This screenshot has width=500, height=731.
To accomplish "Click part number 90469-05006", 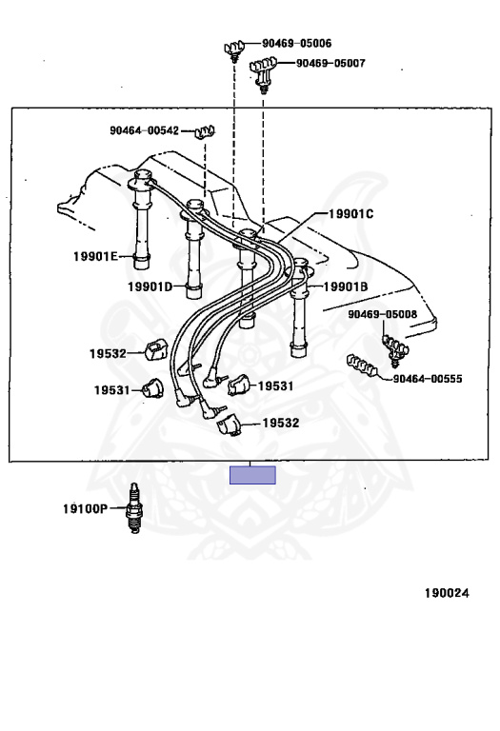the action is (296, 44).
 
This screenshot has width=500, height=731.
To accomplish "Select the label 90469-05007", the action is (330, 63).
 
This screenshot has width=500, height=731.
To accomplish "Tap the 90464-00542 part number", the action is (144, 130).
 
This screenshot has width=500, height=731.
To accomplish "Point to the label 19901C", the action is (350, 214).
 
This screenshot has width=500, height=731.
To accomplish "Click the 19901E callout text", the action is (95, 256).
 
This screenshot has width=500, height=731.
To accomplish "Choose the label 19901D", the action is (150, 286).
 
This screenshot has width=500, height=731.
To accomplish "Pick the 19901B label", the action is (346, 286).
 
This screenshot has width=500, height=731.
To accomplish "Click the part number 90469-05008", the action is (383, 314).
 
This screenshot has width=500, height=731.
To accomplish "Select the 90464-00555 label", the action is (428, 379).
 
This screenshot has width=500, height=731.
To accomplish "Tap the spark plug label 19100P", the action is (86, 508).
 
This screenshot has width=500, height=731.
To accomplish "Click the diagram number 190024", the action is (447, 593).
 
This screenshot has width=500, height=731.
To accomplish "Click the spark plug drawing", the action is (134, 508).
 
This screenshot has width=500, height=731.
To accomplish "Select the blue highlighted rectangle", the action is (252, 475).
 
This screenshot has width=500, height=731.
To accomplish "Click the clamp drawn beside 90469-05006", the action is (234, 50).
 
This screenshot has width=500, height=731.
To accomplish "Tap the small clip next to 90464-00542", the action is (205, 132).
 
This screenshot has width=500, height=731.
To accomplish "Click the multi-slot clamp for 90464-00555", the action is (362, 365).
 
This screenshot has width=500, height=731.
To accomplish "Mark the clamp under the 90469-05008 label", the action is (395, 348).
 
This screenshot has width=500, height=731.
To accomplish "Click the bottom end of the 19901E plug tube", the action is (141, 267).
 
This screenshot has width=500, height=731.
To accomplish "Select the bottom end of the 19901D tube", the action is (193, 297).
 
